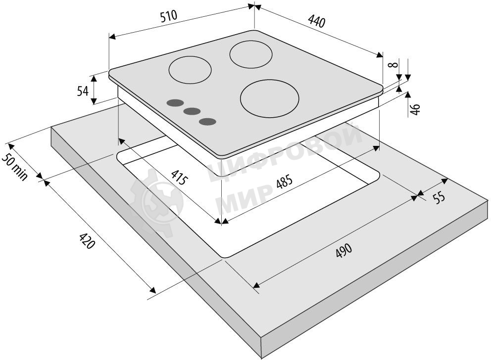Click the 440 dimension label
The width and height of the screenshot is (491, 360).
(317, 21)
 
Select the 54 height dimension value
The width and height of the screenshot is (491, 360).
(83, 91)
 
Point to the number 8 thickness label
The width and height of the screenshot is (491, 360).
(393, 65)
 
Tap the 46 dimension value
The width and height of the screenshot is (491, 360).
(415, 109)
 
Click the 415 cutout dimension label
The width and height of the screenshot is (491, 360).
(180, 177)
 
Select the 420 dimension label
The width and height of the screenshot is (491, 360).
(87, 240)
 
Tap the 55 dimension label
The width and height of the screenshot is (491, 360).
(439, 197)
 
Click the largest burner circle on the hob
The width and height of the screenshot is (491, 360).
(269, 98)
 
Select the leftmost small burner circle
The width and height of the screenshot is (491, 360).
(190, 70)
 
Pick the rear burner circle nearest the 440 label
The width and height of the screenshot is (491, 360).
(251, 54)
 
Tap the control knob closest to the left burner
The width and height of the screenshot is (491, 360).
(175, 102)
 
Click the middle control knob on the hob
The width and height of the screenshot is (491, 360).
(192, 111)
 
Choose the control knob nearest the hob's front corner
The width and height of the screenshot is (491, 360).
(207, 122)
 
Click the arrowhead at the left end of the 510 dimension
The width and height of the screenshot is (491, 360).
(112, 37)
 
